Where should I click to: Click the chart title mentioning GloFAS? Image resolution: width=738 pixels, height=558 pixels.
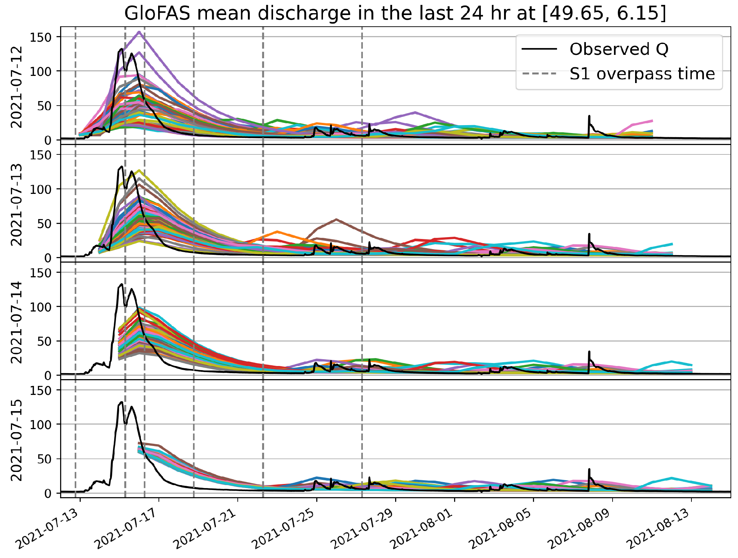(395, 14)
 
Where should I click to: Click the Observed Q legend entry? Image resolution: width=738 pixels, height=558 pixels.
(619, 49)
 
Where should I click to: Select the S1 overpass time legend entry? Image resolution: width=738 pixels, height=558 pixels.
(642, 74)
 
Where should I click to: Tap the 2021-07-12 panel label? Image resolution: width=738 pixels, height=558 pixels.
(17, 87)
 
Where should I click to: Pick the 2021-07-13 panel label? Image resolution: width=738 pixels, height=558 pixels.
(17, 205)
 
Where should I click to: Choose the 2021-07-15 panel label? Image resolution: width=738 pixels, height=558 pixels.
(17, 440)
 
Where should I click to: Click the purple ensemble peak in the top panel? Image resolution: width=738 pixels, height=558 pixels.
(139, 32)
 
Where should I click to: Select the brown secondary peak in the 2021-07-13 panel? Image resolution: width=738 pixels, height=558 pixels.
(336, 219)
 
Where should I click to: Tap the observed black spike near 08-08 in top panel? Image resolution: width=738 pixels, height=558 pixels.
(589, 116)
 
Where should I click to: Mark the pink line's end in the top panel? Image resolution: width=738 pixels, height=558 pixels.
(652, 121)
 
